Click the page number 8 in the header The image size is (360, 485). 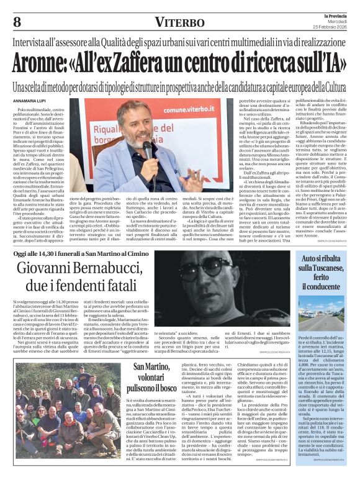coord(16,22)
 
